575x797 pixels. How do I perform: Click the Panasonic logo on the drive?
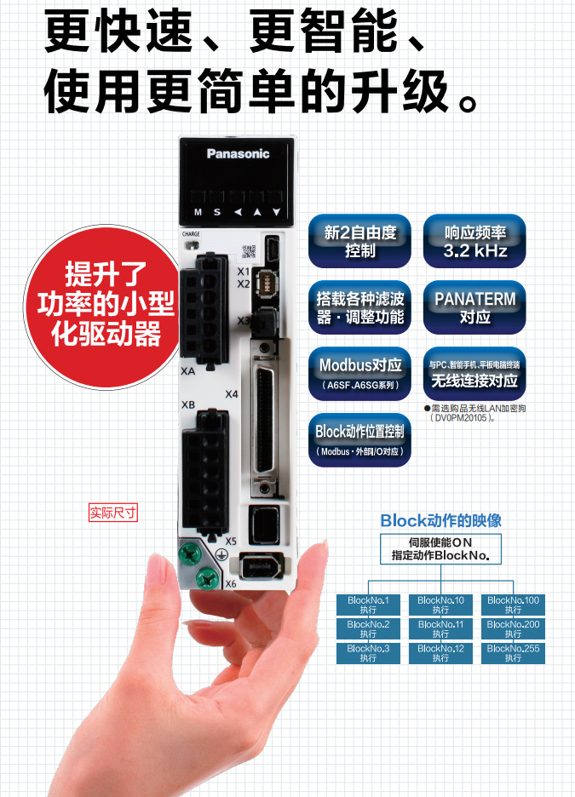click(x=238, y=153)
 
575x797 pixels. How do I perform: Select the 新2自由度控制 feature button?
click(x=359, y=241)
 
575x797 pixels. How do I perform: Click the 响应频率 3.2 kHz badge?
click(x=474, y=241)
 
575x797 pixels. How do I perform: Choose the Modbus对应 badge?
click(x=359, y=373)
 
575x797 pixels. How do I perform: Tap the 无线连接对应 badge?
click(x=474, y=373)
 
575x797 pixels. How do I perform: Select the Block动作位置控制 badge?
click(x=359, y=439)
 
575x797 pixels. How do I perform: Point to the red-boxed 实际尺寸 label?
click(x=113, y=513)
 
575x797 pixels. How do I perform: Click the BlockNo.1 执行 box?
click(x=368, y=605)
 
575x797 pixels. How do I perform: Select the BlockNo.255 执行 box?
click(x=513, y=653)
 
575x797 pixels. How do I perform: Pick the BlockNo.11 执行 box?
click(x=440, y=629)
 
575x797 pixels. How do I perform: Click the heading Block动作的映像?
click(x=440, y=520)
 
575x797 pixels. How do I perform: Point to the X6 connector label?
click(x=230, y=584)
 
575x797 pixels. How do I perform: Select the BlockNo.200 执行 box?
click(x=513, y=629)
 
